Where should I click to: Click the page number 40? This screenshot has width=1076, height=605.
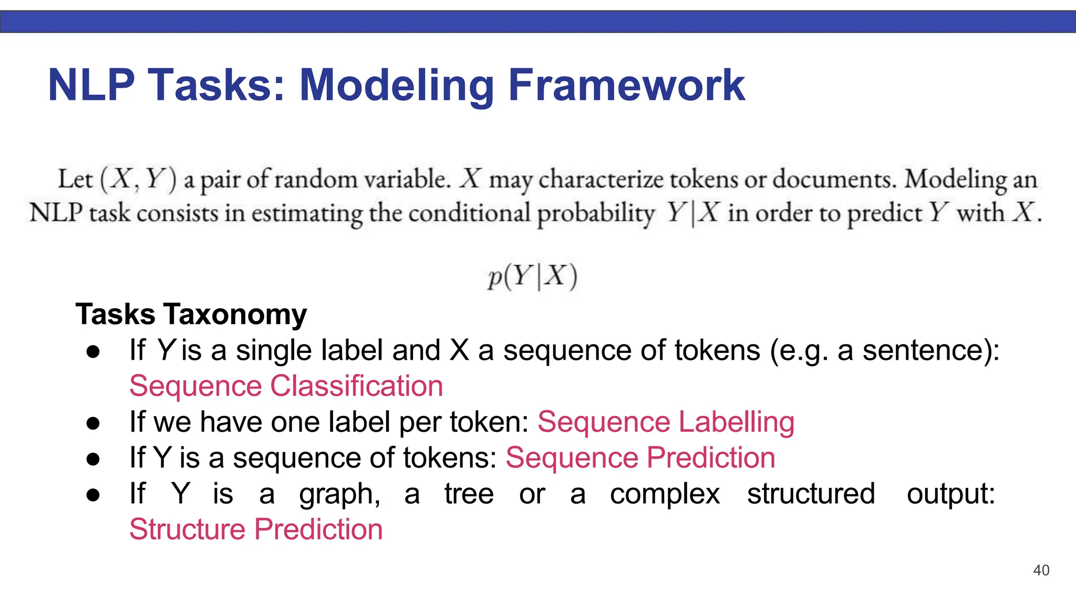[x=1041, y=570]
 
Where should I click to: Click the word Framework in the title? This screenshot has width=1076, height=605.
[x=626, y=85]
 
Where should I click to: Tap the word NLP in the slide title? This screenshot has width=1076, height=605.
[x=91, y=85]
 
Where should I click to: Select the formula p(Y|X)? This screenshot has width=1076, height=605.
[x=532, y=276]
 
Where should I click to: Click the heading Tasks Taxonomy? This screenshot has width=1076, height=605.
[x=191, y=314]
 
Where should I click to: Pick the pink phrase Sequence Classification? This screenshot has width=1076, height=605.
[x=286, y=386]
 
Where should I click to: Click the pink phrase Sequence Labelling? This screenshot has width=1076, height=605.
[x=666, y=422]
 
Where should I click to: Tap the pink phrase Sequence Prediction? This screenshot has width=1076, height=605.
[x=640, y=457]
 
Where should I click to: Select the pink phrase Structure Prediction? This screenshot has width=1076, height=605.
[x=256, y=529]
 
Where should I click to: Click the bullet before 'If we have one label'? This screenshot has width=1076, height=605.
[x=94, y=423]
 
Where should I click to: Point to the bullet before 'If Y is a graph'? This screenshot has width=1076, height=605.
[x=94, y=495]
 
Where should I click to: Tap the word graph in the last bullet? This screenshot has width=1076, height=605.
[x=339, y=494]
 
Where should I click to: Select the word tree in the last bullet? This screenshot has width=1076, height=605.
[x=469, y=494]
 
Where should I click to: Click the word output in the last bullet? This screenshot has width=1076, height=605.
[x=950, y=494]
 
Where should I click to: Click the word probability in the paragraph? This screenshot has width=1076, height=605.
[x=595, y=214]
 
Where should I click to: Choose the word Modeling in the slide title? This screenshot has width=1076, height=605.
[x=397, y=85]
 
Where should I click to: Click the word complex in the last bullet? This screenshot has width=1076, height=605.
[x=665, y=494]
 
